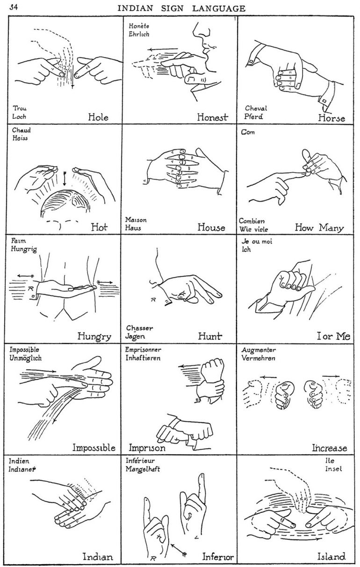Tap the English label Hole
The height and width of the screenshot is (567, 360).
click(98, 117)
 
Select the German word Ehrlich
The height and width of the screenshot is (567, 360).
click(138, 34)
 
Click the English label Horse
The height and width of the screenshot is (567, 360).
click(331, 118)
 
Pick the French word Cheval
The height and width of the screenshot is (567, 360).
click(256, 108)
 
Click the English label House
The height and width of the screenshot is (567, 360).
click(211, 228)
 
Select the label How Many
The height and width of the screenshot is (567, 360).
click(319, 228)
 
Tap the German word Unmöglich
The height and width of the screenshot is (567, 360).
click(26, 358)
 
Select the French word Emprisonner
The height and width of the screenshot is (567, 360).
click(144, 350)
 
